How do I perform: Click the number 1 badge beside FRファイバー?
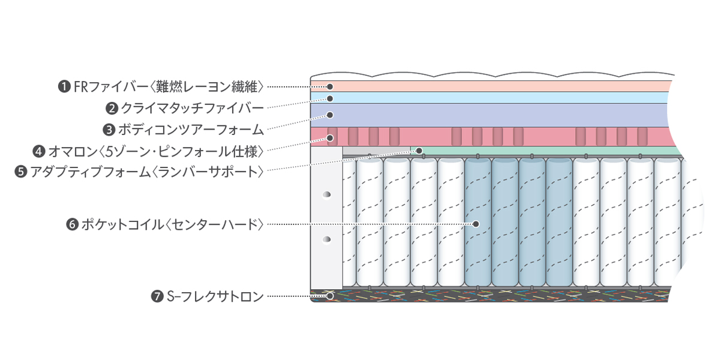(64, 87)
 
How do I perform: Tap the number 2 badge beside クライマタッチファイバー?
(112, 109)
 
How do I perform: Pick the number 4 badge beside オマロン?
(39, 150)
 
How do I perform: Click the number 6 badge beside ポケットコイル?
(72, 225)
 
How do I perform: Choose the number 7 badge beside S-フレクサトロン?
(158, 296)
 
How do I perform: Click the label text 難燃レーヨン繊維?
(209, 87)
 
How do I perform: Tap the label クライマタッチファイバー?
(192, 109)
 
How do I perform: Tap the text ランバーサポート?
(208, 172)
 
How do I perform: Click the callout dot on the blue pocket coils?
(476, 224)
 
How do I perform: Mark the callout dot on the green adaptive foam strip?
(420, 150)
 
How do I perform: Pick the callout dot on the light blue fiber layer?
(329, 98)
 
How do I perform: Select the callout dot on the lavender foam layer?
(329, 115)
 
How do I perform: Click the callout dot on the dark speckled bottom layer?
(329, 296)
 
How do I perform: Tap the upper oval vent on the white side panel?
(326, 195)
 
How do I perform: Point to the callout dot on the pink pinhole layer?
(329, 137)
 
